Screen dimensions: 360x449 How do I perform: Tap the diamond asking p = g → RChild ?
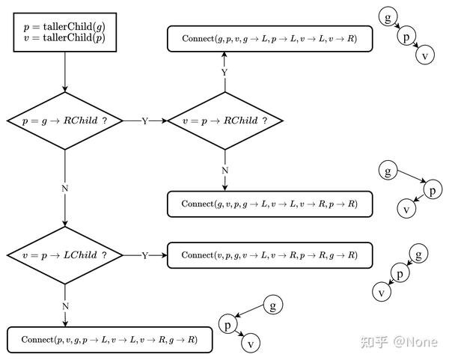click(65, 120)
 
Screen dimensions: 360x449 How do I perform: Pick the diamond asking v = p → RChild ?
click(224, 120)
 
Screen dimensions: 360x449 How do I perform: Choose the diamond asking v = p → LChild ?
click(65, 255)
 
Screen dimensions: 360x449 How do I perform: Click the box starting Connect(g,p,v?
click(269, 38)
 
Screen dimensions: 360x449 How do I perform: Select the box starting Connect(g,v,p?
click(269, 204)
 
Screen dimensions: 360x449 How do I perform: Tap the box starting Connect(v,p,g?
click(269, 255)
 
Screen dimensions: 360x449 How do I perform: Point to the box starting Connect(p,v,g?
click(109, 340)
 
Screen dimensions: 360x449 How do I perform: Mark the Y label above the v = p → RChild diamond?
click(224, 73)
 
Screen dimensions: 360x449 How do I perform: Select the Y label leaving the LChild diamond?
click(145, 256)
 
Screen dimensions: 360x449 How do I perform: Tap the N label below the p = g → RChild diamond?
click(65, 188)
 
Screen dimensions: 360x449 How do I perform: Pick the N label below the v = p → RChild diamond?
click(224, 170)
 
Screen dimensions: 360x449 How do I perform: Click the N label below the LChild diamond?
click(65, 306)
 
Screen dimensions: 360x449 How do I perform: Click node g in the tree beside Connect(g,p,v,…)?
click(387, 16)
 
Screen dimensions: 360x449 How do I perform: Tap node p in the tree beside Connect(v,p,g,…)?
click(401, 274)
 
